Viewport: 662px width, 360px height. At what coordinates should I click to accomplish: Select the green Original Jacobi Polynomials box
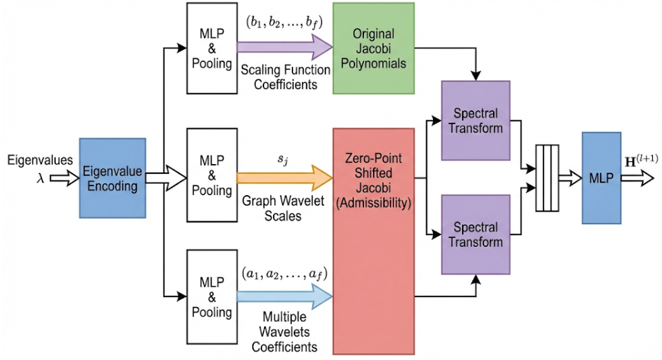tap(374, 48)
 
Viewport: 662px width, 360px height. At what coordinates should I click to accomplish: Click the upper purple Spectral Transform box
tap(475, 120)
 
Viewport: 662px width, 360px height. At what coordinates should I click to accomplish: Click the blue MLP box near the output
tap(601, 178)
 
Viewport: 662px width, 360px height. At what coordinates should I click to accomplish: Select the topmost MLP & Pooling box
tap(212, 48)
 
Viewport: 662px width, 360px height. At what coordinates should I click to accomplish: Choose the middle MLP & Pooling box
tap(212, 177)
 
